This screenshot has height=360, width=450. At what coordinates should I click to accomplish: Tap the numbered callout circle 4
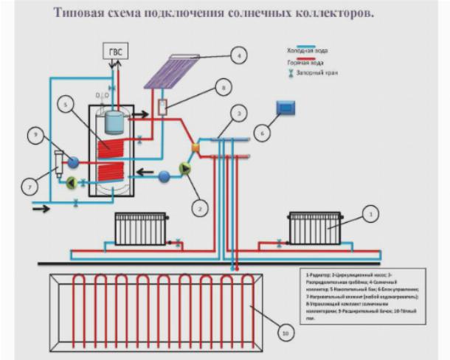(238, 54)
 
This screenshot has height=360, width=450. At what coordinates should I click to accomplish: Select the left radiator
(141, 228)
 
